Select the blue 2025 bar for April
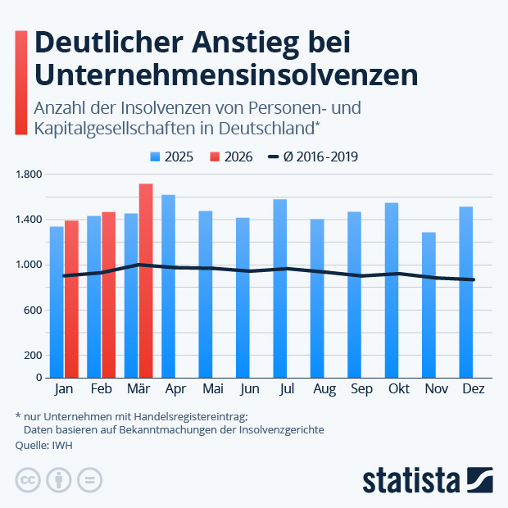click(x=168, y=286)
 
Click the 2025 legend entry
click(x=171, y=156)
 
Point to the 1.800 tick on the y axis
click(x=28, y=175)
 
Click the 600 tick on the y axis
click(x=33, y=311)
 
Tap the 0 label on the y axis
click(x=38, y=378)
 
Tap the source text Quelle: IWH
click(x=40, y=445)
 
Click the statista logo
click(x=427, y=479)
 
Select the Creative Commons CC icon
click(x=28, y=480)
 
